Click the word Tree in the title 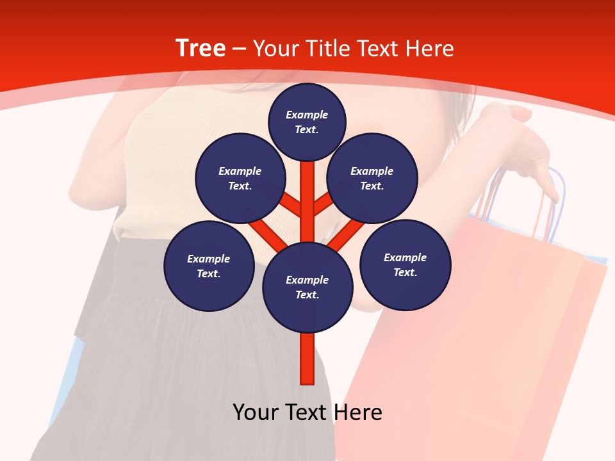click(201, 48)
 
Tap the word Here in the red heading click(429, 49)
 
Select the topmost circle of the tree click(307, 122)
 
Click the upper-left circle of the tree click(240, 178)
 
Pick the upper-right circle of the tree click(372, 178)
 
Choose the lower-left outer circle click(209, 266)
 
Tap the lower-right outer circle click(405, 264)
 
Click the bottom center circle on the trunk click(307, 287)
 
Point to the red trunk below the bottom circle click(307, 359)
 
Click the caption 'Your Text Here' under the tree click(307, 412)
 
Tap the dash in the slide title click(239, 49)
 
